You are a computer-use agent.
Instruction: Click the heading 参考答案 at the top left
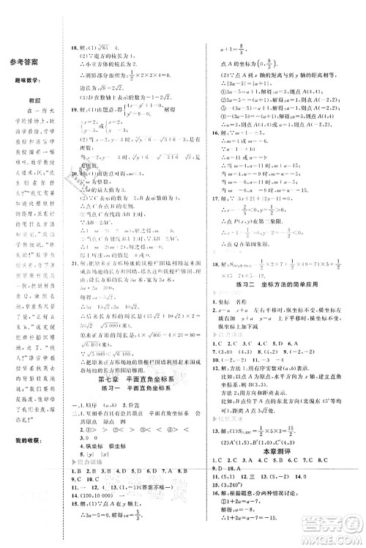[x=29, y=65]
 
